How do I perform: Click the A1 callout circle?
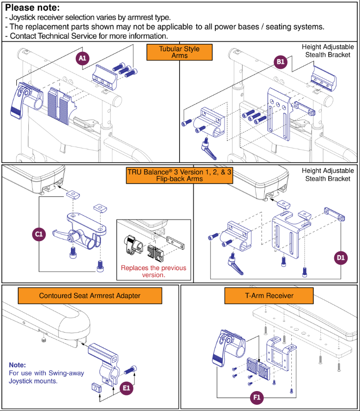[82, 59]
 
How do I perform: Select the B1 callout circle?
[280, 62]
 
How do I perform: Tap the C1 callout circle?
[39, 235]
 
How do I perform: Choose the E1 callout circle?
[127, 388]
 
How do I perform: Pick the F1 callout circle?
[257, 398]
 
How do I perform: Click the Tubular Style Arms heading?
[179, 52]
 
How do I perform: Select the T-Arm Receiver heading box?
[269, 296]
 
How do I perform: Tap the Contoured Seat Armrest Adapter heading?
[90, 296]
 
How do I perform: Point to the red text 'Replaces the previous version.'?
[153, 271]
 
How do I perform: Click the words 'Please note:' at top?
[32, 8]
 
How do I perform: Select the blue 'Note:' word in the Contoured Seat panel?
[17, 365]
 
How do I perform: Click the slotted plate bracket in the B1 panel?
[271, 115]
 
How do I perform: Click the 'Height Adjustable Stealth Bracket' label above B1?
[328, 51]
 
